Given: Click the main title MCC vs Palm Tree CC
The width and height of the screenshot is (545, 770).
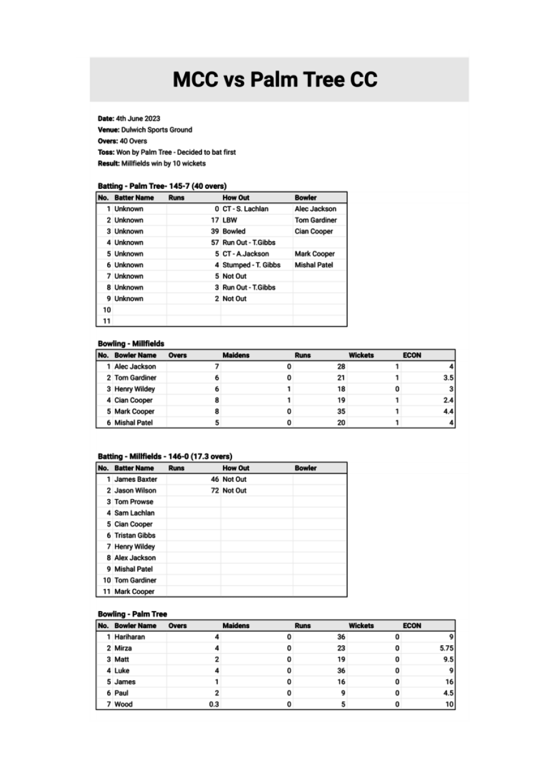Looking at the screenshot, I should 275,80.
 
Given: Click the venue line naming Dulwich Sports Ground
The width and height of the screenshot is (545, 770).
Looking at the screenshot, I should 145,130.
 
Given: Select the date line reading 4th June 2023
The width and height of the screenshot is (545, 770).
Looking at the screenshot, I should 129,118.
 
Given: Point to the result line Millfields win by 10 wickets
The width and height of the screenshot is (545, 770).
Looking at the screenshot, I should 152,163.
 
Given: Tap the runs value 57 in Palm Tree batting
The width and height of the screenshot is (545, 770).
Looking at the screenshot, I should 214,243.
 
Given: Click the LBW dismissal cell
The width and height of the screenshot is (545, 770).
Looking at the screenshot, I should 230,220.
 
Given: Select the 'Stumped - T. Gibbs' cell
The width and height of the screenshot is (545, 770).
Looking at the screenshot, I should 251,265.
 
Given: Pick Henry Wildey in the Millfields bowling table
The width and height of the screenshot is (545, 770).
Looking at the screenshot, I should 135,389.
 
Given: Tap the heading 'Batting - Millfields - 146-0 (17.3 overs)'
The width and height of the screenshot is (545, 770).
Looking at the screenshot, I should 165,456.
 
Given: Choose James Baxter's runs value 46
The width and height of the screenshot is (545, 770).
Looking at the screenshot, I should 214,479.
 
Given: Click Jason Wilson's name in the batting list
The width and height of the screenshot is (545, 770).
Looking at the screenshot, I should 135,491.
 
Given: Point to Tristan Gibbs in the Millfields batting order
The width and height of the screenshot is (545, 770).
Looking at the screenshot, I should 135,535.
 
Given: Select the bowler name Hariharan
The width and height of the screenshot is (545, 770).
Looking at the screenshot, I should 130,637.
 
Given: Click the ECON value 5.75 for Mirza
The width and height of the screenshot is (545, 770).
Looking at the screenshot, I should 446,648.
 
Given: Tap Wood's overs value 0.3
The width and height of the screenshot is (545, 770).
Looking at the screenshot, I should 214,704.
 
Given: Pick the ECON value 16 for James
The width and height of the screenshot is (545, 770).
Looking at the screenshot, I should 449,681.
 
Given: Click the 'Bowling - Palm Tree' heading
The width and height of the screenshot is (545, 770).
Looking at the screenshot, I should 132,614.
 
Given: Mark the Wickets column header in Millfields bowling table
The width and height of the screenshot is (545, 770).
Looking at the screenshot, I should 361,355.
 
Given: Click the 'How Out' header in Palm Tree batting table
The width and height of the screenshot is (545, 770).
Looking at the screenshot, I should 236,198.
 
